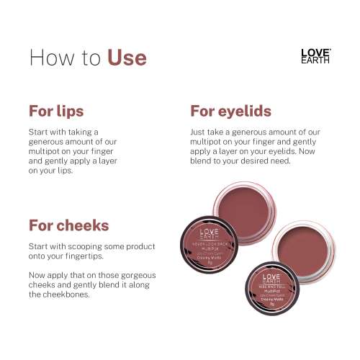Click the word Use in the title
pyautogui.click(x=127, y=57)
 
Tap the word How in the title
pyautogui.click(x=53, y=57)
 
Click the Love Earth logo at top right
pyautogui.click(x=315, y=56)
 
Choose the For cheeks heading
pyautogui.click(x=68, y=225)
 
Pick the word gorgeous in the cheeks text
pyautogui.click(x=137, y=276)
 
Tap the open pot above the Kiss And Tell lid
pyautogui.click(x=302, y=242)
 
